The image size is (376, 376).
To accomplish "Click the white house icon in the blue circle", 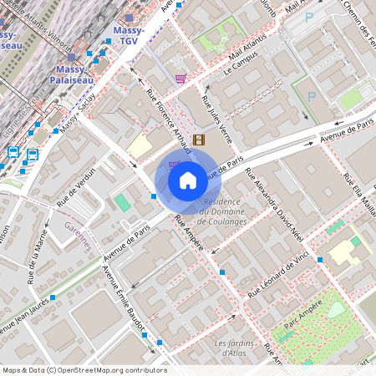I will [x=187, y=180].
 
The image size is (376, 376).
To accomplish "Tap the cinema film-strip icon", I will [x=199, y=140].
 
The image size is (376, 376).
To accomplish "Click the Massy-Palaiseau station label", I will [x=74, y=74].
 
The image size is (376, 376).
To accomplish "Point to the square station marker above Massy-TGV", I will [x=128, y=18].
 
